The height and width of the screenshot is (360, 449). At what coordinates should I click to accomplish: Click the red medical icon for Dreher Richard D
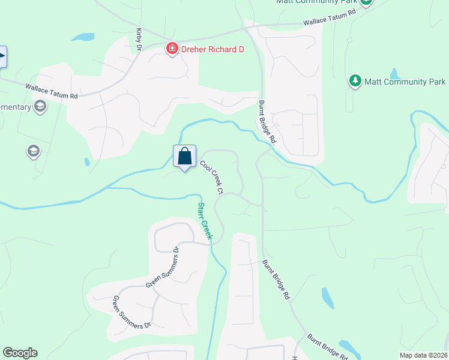(172, 49)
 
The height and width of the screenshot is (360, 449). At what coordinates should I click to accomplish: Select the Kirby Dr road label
(139, 38)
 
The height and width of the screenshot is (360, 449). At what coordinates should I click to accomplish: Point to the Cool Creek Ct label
(212, 177)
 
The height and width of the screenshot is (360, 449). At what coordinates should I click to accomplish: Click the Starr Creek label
(205, 221)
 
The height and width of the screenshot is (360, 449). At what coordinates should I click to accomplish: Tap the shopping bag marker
(184, 156)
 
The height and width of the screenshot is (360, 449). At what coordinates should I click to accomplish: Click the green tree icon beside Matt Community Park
(355, 81)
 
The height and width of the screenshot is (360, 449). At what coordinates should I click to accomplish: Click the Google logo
(20, 353)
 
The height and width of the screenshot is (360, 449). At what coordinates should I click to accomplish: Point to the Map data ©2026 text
(423, 355)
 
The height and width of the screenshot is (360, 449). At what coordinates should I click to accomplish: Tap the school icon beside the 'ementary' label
(40, 107)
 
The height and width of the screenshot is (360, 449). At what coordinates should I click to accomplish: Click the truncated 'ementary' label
(16, 107)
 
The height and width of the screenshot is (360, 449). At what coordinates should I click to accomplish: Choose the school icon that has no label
(34, 152)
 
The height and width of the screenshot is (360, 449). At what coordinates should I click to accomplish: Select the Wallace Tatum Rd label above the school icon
(52, 91)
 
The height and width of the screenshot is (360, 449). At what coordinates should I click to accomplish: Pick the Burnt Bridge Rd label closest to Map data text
(327, 347)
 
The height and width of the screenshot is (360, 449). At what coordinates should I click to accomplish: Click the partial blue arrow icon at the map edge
(2, 58)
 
